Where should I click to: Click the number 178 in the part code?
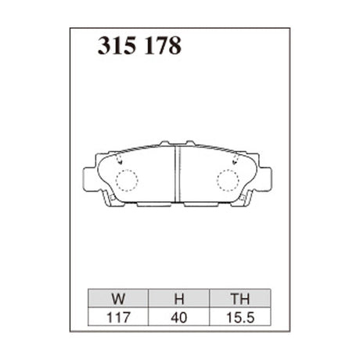point(162,47)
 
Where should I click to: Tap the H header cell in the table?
point(179,298)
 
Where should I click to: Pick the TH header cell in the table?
point(239,298)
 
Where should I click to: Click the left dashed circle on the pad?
point(126,181)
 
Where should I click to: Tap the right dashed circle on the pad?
point(228,181)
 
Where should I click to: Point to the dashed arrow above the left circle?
point(121,158)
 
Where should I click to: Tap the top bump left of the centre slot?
point(165,144)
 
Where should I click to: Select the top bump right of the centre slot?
point(190,144)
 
